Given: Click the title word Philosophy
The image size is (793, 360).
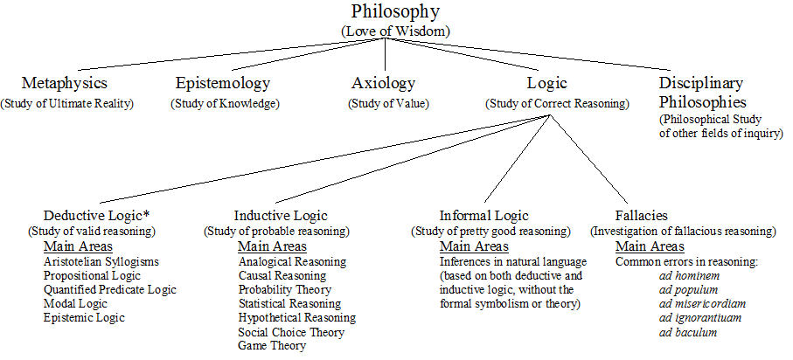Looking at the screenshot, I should [x=395, y=12].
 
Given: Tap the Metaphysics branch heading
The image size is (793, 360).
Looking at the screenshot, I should [x=66, y=84].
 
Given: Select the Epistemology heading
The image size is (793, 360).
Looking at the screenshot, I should [x=223, y=84].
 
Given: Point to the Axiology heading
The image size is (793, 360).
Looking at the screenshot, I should [x=383, y=84].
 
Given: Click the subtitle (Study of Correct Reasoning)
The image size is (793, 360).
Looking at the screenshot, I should [x=557, y=103].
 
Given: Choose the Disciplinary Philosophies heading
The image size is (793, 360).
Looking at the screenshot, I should [x=701, y=91].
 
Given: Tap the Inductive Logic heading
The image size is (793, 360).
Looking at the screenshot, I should [x=281, y=215].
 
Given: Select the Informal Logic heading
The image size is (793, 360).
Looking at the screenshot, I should [x=485, y=215].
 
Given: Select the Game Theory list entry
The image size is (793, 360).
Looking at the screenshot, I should [x=272, y=346].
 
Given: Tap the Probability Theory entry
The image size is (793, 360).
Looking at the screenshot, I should [x=285, y=289].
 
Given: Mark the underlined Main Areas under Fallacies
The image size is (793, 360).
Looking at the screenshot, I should [x=650, y=246].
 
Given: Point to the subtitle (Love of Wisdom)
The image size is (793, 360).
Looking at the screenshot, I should [x=395, y=31].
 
